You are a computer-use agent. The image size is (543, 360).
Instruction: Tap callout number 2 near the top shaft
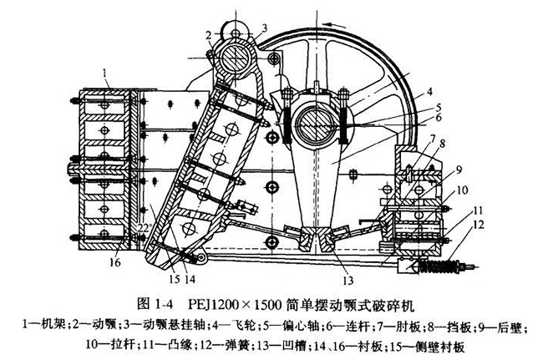[x=206, y=33]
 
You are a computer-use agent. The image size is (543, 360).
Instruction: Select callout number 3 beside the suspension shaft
[x=264, y=28]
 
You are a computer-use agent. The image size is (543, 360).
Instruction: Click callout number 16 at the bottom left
[x=114, y=263]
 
